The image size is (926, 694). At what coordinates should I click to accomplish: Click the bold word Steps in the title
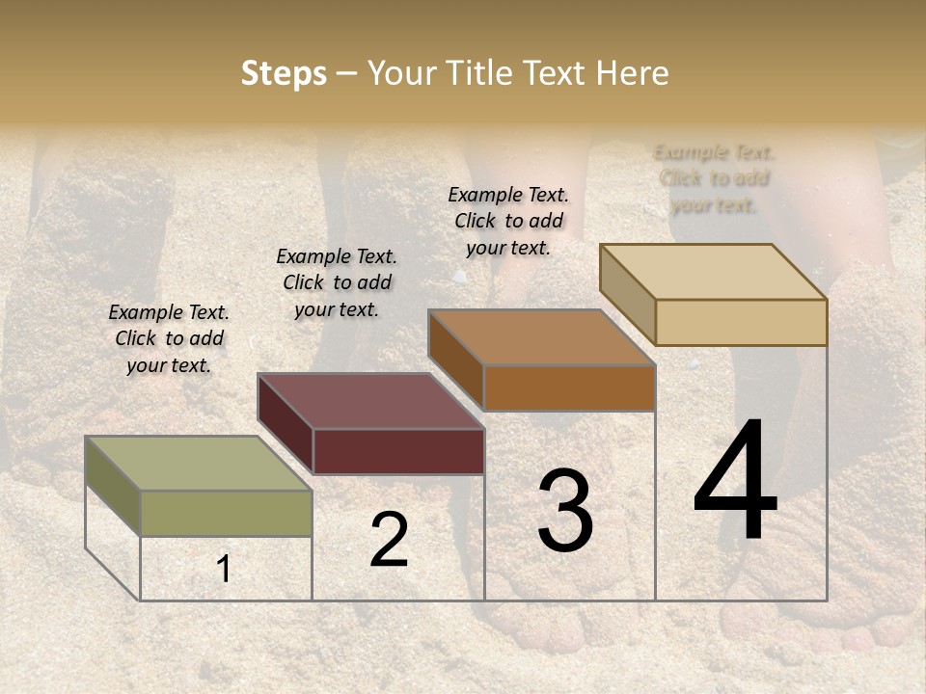(284, 73)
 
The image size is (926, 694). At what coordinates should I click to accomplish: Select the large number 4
(735, 481)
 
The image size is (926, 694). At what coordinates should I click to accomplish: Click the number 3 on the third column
(565, 511)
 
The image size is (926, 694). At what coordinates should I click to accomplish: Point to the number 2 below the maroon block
(389, 540)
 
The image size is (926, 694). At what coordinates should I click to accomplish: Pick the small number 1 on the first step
(224, 569)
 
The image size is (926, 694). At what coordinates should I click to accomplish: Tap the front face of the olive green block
(226, 513)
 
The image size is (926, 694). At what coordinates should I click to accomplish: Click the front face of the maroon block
(398, 451)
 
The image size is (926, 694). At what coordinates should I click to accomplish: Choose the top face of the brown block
(541, 337)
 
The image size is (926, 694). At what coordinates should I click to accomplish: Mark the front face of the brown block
(569, 387)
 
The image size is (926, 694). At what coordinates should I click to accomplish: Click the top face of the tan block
(713, 272)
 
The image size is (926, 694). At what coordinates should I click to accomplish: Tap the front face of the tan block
(741, 322)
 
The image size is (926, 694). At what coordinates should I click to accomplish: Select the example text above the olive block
(169, 338)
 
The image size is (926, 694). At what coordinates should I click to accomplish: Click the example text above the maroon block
(337, 282)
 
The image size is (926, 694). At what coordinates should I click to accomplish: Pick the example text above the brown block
(508, 221)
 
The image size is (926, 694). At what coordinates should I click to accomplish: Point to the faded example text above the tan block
(714, 178)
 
